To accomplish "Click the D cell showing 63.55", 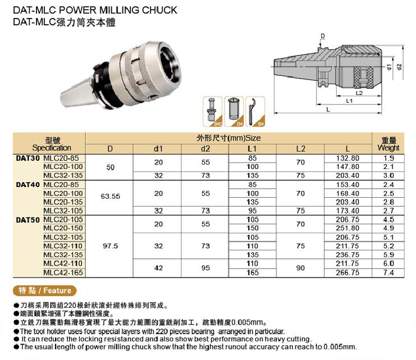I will pos(110,197).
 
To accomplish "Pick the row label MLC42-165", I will pos(62,272).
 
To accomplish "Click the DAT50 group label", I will pos(28,220).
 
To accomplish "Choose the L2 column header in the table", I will pos(300,148).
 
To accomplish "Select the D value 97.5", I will pos(110,246).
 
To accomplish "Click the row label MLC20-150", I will pos(62,229).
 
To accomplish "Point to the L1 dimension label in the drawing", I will pos(349,101).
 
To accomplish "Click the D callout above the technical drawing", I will pos(323,37).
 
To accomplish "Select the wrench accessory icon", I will pos(259,111).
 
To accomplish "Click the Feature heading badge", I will pos(45,290).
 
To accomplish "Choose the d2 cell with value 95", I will pos(205,268).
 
